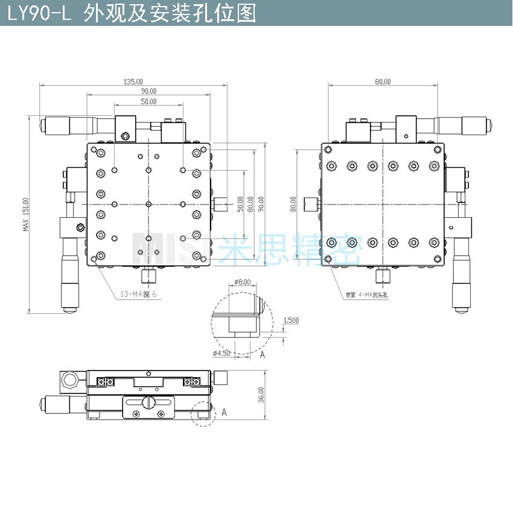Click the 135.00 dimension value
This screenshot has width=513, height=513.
pyautogui.click(x=133, y=81)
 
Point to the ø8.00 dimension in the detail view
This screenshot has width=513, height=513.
pyautogui.click(x=242, y=282)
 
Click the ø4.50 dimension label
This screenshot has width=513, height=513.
pyautogui.click(x=222, y=352)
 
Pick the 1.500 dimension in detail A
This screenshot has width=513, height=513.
pyautogui.click(x=291, y=320)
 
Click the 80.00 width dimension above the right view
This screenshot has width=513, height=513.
pyautogui.click(x=383, y=81)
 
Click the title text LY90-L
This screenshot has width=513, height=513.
pyautogui.click(x=39, y=13)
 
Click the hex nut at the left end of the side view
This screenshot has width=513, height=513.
pyautogui.click(x=69, y=380)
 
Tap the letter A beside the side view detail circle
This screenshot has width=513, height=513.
pyautogui.click(x=224, y=412)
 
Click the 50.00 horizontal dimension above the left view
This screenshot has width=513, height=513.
pyautogui.click(x=148, y=102)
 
